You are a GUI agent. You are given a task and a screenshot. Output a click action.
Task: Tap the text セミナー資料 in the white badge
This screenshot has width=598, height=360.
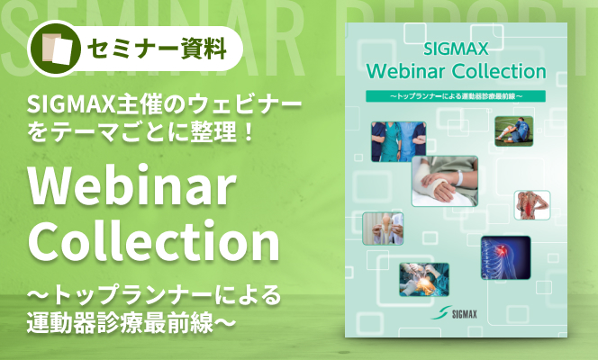[157, 49]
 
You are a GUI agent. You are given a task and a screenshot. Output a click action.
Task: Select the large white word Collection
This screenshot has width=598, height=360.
[154, 241]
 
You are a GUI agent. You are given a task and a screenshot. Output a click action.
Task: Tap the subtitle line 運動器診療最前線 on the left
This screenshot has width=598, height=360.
[120, 323]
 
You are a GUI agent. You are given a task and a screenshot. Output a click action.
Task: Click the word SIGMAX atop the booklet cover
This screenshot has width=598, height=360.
[456, 49]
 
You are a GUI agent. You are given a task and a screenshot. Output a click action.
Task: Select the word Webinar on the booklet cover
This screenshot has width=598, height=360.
[406, 71]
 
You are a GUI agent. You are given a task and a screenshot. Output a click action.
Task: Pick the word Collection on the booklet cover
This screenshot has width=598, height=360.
[499, 71]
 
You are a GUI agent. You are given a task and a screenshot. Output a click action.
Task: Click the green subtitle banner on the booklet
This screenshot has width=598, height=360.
[456, 96]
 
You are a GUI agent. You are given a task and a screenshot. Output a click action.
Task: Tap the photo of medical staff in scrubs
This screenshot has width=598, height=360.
[399, 141]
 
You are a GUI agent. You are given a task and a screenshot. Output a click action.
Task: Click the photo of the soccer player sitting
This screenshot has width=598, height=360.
[513, 131]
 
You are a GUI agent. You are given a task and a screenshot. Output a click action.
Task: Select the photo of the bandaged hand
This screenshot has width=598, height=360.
[445, 181]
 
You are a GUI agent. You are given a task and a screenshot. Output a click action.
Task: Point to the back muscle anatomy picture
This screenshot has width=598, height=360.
[532, 205]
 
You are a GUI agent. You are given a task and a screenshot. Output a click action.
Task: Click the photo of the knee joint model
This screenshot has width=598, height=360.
[383, 229]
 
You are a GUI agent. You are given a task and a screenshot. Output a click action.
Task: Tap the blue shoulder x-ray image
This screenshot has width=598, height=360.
[506, 257]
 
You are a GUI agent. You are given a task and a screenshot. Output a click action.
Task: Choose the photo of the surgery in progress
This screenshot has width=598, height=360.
[424, 280]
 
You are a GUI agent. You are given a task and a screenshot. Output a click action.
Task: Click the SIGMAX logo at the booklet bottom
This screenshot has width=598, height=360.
[454, 313]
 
